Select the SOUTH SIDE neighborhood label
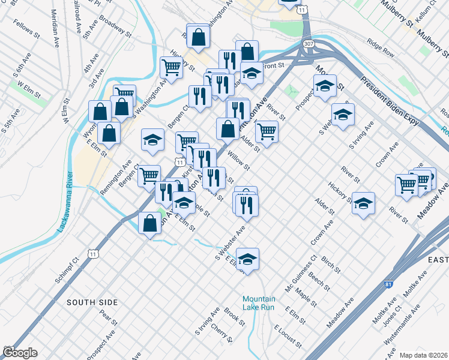coord(92,302)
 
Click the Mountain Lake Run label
coord(259,303)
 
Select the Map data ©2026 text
coord(424,355)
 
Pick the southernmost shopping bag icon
coord(149,223)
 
